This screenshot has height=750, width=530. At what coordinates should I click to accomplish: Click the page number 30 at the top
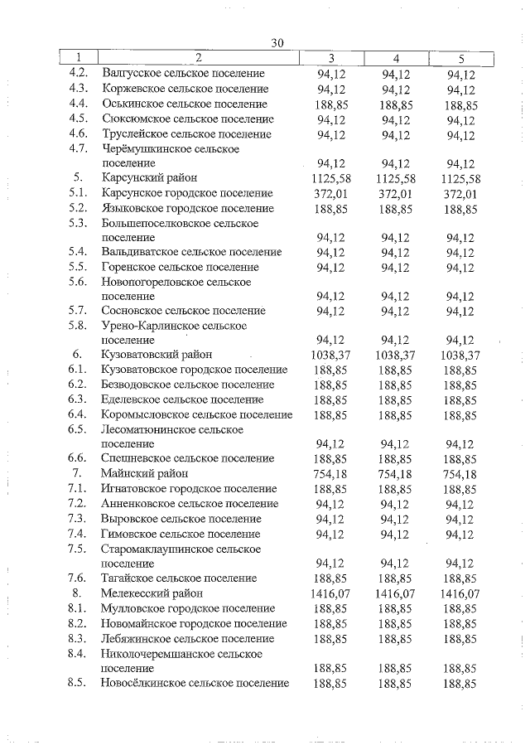(x=277, y=43)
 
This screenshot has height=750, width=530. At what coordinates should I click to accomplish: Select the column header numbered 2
(x=199, y=58)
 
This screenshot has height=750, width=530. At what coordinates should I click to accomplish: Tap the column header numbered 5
(x=460, y=58)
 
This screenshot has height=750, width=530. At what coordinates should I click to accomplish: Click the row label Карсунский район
(x=149, y=178)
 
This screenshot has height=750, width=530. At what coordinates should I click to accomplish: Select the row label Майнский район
(x=145, y=474)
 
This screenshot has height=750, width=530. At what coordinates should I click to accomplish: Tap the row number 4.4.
(x=79, y=104)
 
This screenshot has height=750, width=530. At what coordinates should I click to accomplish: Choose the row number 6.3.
(x=79, y=399)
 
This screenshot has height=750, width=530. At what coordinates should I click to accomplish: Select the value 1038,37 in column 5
(x=460, y=356)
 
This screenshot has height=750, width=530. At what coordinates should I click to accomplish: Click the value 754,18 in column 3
(x=331, y=474)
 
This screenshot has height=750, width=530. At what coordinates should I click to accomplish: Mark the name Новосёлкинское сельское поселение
(x=195, y=684)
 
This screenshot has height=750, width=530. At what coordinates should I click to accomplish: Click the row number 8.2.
(x=79, y=623)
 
